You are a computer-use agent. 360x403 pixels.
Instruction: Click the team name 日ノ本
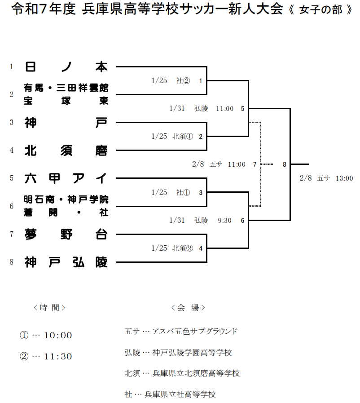(66, 67)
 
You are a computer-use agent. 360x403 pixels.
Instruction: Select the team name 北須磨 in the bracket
(66, 150)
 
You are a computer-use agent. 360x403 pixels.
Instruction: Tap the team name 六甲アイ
(66, 178)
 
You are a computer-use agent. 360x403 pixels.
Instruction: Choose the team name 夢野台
(66, 234)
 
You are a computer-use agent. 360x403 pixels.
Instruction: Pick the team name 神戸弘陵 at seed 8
(66, 262)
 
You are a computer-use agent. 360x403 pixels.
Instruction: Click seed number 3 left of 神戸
(12, 122)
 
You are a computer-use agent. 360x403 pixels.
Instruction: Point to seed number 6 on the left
(12, 206)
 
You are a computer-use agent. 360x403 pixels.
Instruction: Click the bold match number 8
(284, 164)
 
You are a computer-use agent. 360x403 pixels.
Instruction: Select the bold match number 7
(255, 164)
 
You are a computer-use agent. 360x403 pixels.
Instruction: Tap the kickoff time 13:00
(344, 178)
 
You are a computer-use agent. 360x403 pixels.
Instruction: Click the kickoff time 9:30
(225, 220)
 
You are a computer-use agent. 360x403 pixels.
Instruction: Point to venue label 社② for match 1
(183, 81)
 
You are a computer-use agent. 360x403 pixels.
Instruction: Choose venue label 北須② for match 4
(183, 248)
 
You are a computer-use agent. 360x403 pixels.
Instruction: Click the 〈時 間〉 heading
(49, 308)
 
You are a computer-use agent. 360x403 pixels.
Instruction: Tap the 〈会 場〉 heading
(188, 308)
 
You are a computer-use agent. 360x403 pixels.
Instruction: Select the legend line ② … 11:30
(46, 356)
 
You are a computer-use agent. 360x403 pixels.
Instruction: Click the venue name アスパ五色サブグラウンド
(195, 332)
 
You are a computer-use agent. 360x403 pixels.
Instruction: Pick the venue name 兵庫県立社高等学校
(180, 394)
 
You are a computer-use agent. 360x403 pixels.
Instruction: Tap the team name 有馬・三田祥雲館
(66, 88)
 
